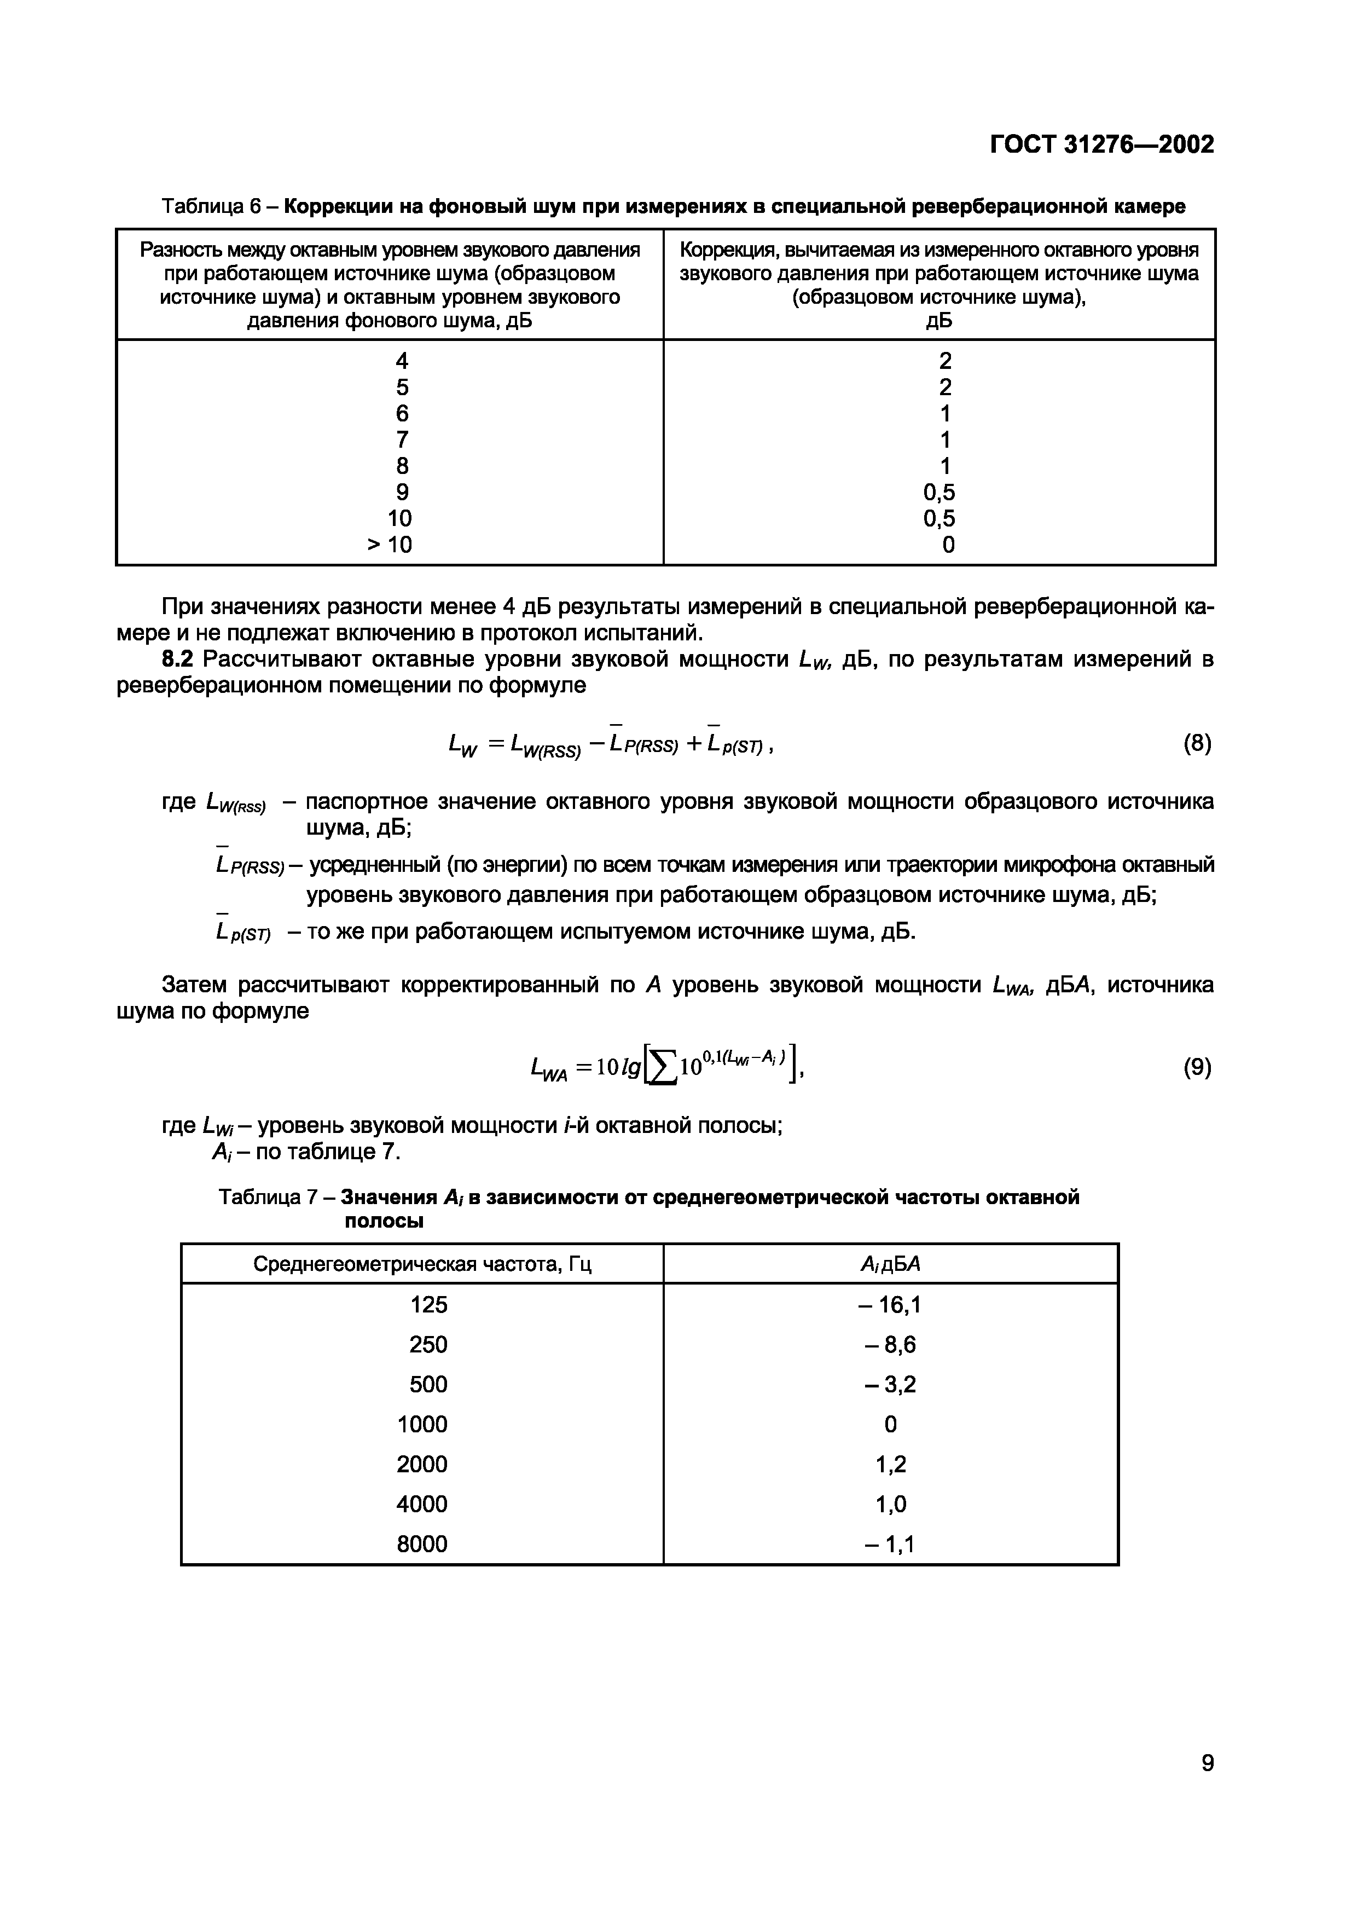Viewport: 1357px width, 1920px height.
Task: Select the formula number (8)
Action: [x=1197, y=743]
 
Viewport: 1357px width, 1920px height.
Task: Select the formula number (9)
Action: [x=1197, y=1067]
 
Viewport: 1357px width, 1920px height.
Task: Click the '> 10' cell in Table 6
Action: [x=390, y=545]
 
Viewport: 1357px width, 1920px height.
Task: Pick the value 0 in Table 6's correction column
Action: [x=948, y=545]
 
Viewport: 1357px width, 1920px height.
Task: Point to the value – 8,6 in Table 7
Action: [x=890, y=1345]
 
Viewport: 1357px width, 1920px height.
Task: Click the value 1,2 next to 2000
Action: [x=890, y=1464]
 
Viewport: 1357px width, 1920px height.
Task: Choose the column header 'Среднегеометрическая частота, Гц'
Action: [x=422, y=1264]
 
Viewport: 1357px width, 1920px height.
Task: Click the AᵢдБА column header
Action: [x=890, y=1264]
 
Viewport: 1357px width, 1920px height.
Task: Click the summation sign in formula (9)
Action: [x=663, y=1068]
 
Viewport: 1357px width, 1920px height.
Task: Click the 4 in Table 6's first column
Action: [x=402, y=361]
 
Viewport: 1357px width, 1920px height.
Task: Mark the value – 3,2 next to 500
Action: [x=890, y=1385]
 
